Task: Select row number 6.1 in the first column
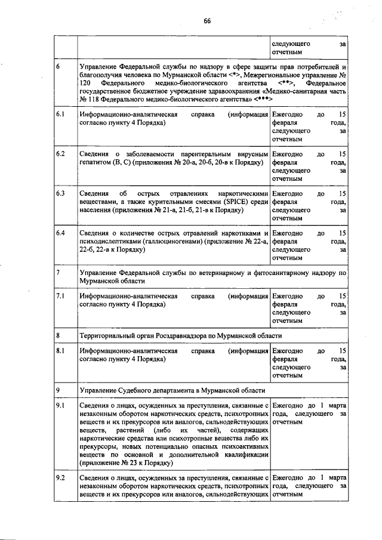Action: pos(60,113)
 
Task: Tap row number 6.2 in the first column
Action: pos(60,154)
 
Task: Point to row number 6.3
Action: pos(60,193)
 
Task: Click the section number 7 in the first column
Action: pos(58,272)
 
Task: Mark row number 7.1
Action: pos(60,296)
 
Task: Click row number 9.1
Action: pos(60,406)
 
